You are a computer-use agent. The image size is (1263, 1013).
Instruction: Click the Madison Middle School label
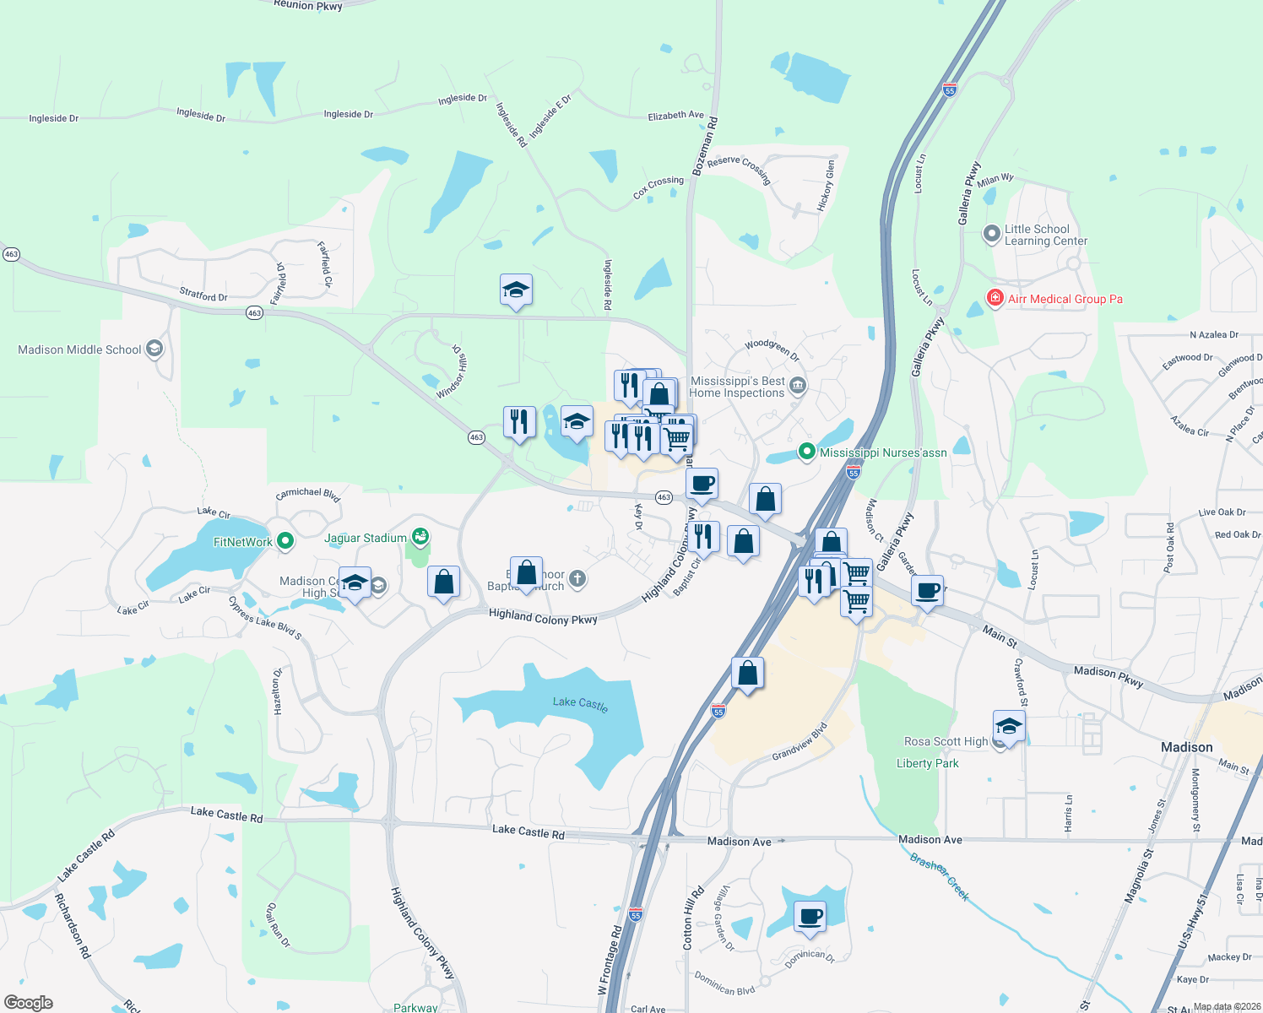pos(79,349)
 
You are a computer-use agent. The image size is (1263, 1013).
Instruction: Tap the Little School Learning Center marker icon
pos(992,234)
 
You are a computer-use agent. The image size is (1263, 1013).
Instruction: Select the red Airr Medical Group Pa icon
pos(995,298)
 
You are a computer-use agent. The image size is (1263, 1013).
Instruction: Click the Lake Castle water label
pos(580,703)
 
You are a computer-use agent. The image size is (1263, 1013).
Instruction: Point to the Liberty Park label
pos(927,763)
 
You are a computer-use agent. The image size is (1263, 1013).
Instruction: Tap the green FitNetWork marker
pos(285,541)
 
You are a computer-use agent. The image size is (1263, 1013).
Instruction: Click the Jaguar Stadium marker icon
pos(420,537)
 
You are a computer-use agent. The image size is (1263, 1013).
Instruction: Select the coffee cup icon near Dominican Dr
pos(810,917)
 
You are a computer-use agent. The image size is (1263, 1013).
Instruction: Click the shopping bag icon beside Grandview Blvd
pos(747,674)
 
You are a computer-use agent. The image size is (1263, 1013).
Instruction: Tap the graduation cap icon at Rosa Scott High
pos(1008,726)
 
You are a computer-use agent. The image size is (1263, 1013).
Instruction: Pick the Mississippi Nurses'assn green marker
pos(806,452)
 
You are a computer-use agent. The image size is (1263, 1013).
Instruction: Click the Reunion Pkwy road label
pos(308,5)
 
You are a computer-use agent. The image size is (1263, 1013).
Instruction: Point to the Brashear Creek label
pos(939,876)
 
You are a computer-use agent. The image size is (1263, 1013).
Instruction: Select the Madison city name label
pos(1186,747)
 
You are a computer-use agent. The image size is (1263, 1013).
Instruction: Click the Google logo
pos(29,1002)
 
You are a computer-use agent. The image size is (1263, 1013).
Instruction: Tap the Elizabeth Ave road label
pos(675,116)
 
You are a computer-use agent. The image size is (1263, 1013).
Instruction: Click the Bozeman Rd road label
pos(705,146)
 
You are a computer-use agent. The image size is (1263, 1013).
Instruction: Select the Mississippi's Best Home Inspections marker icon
pos(798,387)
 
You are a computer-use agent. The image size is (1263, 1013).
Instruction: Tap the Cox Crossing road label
pos(659,187)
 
